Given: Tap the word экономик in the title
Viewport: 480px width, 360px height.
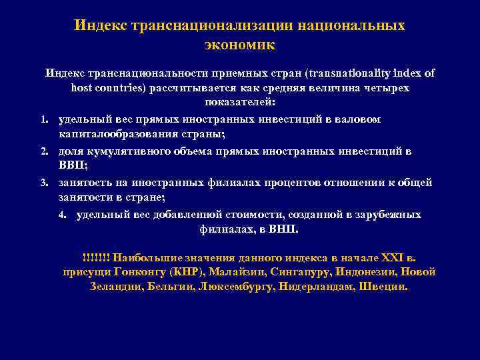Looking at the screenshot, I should coord(239,46).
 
